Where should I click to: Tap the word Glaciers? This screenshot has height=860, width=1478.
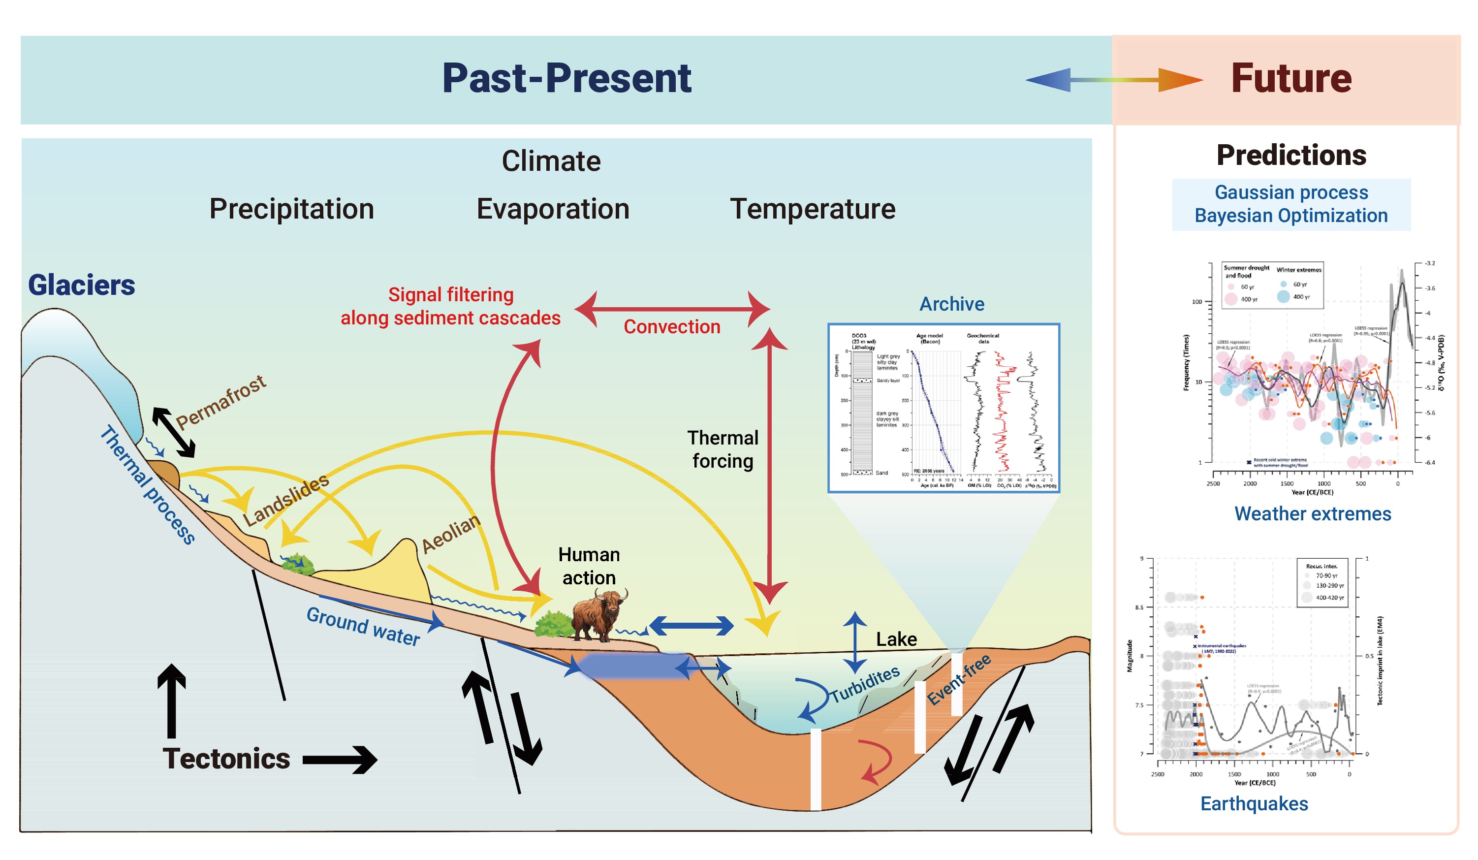point(82,286)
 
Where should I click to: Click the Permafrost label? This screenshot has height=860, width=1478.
point(221,402)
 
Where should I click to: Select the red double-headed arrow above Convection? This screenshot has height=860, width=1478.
point(672,309)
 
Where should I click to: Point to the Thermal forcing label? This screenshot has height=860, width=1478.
point(723,449)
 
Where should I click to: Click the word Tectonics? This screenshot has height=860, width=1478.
point(226,759)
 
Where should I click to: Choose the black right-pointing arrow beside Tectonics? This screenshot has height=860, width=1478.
point(340,760)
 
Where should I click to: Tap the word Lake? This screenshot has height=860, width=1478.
point(896,639)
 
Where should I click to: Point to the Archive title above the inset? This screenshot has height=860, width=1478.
point(951,304)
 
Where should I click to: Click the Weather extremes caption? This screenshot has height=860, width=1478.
point(1313,514)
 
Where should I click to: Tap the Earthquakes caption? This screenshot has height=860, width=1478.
point(1254,804)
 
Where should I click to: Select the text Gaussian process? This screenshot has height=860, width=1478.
point(1291,192)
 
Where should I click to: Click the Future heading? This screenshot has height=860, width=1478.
point(1291,79)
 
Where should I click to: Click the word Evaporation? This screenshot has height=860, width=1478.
point(553,209)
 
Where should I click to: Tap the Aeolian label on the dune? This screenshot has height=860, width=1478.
point(451,534)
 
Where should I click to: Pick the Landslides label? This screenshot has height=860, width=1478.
point(286,501)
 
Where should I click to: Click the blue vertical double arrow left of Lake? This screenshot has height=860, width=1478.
point(855,642)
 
